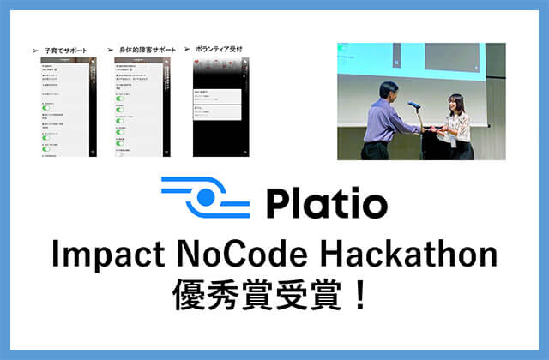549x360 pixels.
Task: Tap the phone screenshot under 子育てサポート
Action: (67, 108)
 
